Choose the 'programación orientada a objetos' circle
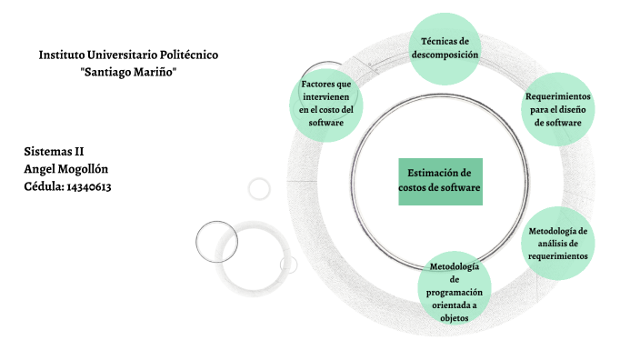tap(455, 291)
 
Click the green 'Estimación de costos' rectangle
tap(440, 180)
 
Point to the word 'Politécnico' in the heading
tap(184, 55)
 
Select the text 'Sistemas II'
tap(54, 151)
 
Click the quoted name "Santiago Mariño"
tap(128, 72)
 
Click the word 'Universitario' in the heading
tap(121, 55)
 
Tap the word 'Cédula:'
tap(44, 186)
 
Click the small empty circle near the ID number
tap(259, 188)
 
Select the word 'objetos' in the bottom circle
tap(455, 318)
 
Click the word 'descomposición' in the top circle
tap(445, 55)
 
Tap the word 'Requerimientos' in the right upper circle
tap(558, 95)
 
